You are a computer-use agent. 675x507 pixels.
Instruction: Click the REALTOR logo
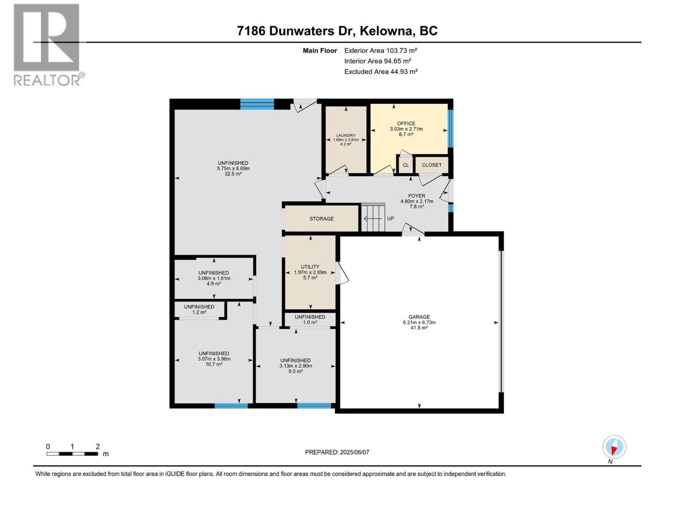tap(47, 44)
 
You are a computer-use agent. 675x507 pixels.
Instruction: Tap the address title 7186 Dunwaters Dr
tap(337, 31)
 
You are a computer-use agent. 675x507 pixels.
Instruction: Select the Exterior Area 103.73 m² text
tap(381, 50)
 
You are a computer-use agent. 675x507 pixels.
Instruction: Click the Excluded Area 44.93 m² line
tap(381, 71)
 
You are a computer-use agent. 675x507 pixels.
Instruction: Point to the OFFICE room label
tap(406, 124)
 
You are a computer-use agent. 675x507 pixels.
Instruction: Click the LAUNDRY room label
tap(346, 136)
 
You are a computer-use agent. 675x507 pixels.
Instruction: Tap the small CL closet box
tap(405, 165)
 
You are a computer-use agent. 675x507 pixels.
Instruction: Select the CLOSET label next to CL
tap(432, 165)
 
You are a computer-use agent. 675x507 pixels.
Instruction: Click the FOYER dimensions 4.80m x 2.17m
tap(417, 202)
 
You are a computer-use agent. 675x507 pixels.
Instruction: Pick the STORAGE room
tap(321, 219)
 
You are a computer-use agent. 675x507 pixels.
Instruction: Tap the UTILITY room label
tap(310, 267)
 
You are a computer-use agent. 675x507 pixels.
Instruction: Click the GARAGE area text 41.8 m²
tap(419, 328)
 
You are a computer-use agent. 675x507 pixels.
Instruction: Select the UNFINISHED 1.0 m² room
tap(310, 319)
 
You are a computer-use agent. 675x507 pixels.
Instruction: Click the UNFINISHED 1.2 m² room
tap(199, 309)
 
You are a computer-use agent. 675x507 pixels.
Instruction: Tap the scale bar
tap(72, 454)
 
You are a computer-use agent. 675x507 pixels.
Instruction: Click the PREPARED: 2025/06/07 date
tap(337, 452)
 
